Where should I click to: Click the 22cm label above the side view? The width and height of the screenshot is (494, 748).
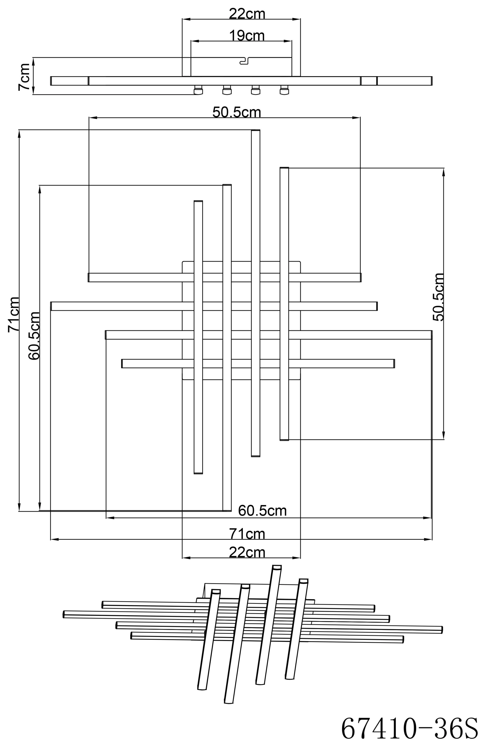[247, 14]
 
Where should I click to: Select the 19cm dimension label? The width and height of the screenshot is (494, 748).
[247, 36]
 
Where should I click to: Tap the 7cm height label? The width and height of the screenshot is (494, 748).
[24, 77]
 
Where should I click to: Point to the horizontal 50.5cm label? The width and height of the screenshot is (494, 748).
[237, 112]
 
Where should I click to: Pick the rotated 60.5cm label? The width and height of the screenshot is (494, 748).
[34, 336]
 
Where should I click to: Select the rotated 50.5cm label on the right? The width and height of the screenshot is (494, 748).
[438, 297]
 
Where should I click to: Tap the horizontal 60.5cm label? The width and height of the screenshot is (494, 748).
[262, 510]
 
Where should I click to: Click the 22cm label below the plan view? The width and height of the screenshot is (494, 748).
[247, 552]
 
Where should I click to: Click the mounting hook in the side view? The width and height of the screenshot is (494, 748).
[244, 60]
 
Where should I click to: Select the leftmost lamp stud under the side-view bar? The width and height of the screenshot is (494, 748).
[198, 90]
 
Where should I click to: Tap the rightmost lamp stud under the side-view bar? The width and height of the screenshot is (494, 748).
[284, 90]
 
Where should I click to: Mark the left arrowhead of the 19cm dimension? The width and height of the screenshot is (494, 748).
[195, 41]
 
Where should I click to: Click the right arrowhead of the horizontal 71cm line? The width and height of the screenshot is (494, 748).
[428, 539]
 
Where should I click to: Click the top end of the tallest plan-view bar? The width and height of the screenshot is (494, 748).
[255, 130]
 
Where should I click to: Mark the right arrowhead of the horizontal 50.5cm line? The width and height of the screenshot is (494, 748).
[356, 118]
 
